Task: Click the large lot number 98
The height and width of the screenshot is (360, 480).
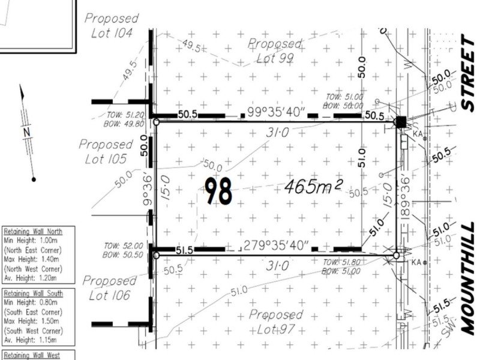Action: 218,191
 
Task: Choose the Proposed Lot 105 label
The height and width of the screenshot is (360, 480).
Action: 106,151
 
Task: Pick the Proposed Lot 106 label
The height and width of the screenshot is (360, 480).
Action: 109,287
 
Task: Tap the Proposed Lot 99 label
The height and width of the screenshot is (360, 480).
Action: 275,50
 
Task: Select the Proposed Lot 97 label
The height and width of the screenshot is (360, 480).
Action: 276,322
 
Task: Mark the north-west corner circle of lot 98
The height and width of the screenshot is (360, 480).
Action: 157,122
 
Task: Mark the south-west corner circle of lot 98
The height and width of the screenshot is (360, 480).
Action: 157,256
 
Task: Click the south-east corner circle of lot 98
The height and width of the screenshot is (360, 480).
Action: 396,256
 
